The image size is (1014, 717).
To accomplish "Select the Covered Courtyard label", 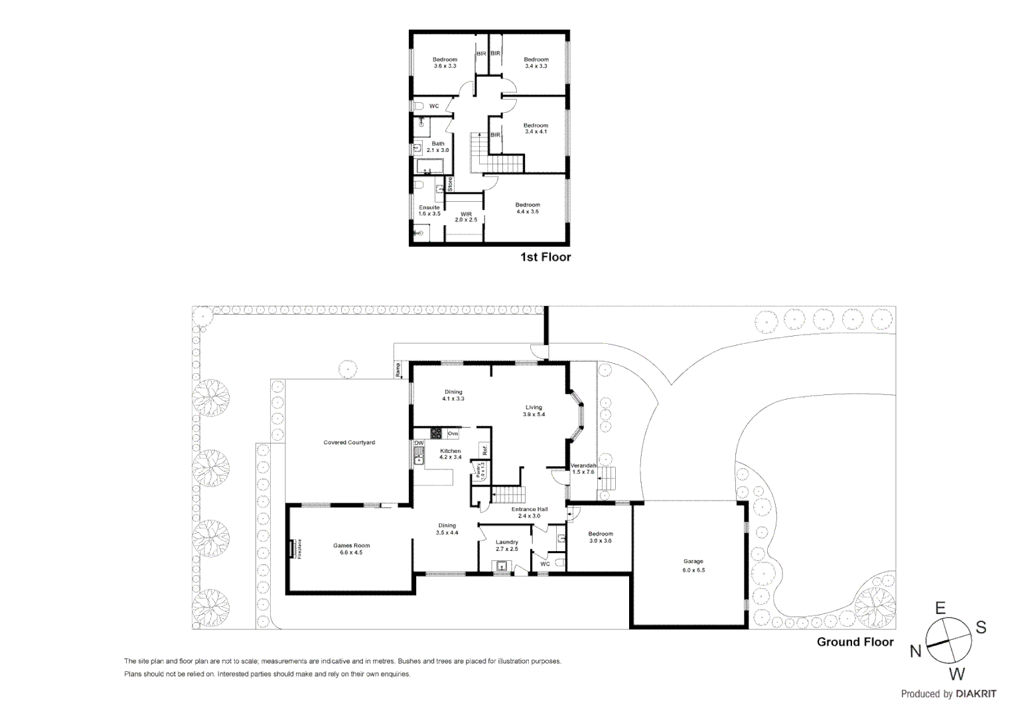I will tap(349, 442).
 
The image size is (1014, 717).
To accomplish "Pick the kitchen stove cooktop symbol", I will tap(437, 434).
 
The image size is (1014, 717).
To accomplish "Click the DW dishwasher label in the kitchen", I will tap(419, 443).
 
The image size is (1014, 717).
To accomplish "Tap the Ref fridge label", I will tap(485, 450).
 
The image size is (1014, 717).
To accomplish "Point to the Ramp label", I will tap(398, 370).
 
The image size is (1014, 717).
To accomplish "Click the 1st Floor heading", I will tap(545, 257).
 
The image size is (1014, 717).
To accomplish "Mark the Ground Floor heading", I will tap(855, 641).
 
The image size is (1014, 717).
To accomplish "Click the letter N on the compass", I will tap(915, 651).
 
